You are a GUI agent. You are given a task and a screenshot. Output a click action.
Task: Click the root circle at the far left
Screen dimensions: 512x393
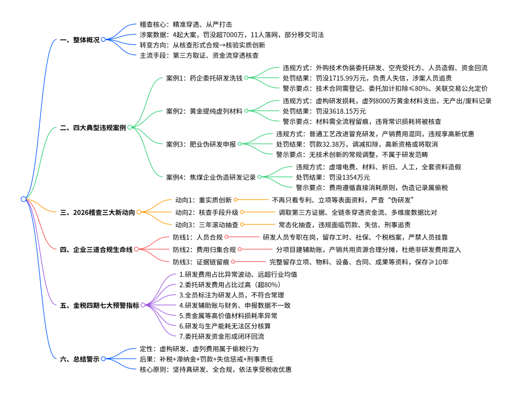24,199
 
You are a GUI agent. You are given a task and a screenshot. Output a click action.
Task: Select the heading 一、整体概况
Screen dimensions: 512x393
80,40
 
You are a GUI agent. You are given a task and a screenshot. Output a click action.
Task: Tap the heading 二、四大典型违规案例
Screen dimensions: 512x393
93,128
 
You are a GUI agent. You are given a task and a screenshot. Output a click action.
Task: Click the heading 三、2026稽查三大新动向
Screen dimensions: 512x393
97,212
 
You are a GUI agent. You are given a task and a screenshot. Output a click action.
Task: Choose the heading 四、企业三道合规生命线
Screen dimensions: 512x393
96,250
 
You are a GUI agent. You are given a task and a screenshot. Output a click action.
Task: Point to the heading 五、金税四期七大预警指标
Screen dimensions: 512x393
100,305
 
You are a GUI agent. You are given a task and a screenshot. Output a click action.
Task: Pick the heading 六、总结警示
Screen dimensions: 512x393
80,359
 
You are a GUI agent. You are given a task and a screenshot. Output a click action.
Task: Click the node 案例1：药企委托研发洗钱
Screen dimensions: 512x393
204,78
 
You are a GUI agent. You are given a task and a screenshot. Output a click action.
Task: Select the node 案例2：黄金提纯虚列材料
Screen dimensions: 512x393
204,111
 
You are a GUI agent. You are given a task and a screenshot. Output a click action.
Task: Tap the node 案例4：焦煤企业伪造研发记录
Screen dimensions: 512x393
210,177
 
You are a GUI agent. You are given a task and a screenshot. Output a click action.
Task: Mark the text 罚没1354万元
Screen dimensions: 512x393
349,177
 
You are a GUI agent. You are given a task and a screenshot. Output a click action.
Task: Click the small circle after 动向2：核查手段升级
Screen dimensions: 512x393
242,212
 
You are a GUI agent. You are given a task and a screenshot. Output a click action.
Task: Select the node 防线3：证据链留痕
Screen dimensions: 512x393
201,262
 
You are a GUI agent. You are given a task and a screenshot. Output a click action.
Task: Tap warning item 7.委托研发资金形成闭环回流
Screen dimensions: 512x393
222,336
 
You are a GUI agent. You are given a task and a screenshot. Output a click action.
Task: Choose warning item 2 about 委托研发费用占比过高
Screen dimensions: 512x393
230,285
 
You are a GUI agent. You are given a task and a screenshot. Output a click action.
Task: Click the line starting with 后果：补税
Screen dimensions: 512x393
206,359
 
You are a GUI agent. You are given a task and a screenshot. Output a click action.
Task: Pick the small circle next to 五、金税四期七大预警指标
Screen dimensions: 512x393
143,305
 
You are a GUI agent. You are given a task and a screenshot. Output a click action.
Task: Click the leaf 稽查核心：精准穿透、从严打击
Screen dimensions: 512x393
186,25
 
